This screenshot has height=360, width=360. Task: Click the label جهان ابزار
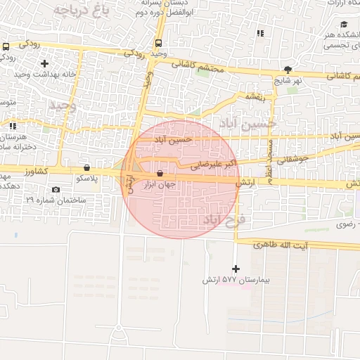pyautogui.click(x=160, y=185)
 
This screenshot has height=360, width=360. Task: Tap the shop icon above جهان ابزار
pyautogui.click(x=160, y=173)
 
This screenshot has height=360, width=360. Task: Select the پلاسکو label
pyautogui.click(x=86, y=179)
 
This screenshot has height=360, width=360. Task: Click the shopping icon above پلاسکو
pyautogui.click(x=86, y=167)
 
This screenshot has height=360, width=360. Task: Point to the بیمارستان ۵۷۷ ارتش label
pyautogui.click(x=236, y=280)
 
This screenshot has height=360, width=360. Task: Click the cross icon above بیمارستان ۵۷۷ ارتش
pyautogui.click(x=236, y=269)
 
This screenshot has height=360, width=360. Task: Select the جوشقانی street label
pyautogui.click(x=293, y=160)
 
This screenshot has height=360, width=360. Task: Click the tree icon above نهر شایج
pyautogui.click(x=288, y=69)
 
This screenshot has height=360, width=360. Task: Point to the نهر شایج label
pyautogui.click(x=288, y=80)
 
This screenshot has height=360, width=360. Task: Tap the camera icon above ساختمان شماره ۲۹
pyautogui.click(x=56, y=189)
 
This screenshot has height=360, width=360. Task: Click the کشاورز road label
pyautogui.click(x=34, y=171)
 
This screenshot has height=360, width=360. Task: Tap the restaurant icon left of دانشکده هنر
pyautogui.click(x=261, y=33)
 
